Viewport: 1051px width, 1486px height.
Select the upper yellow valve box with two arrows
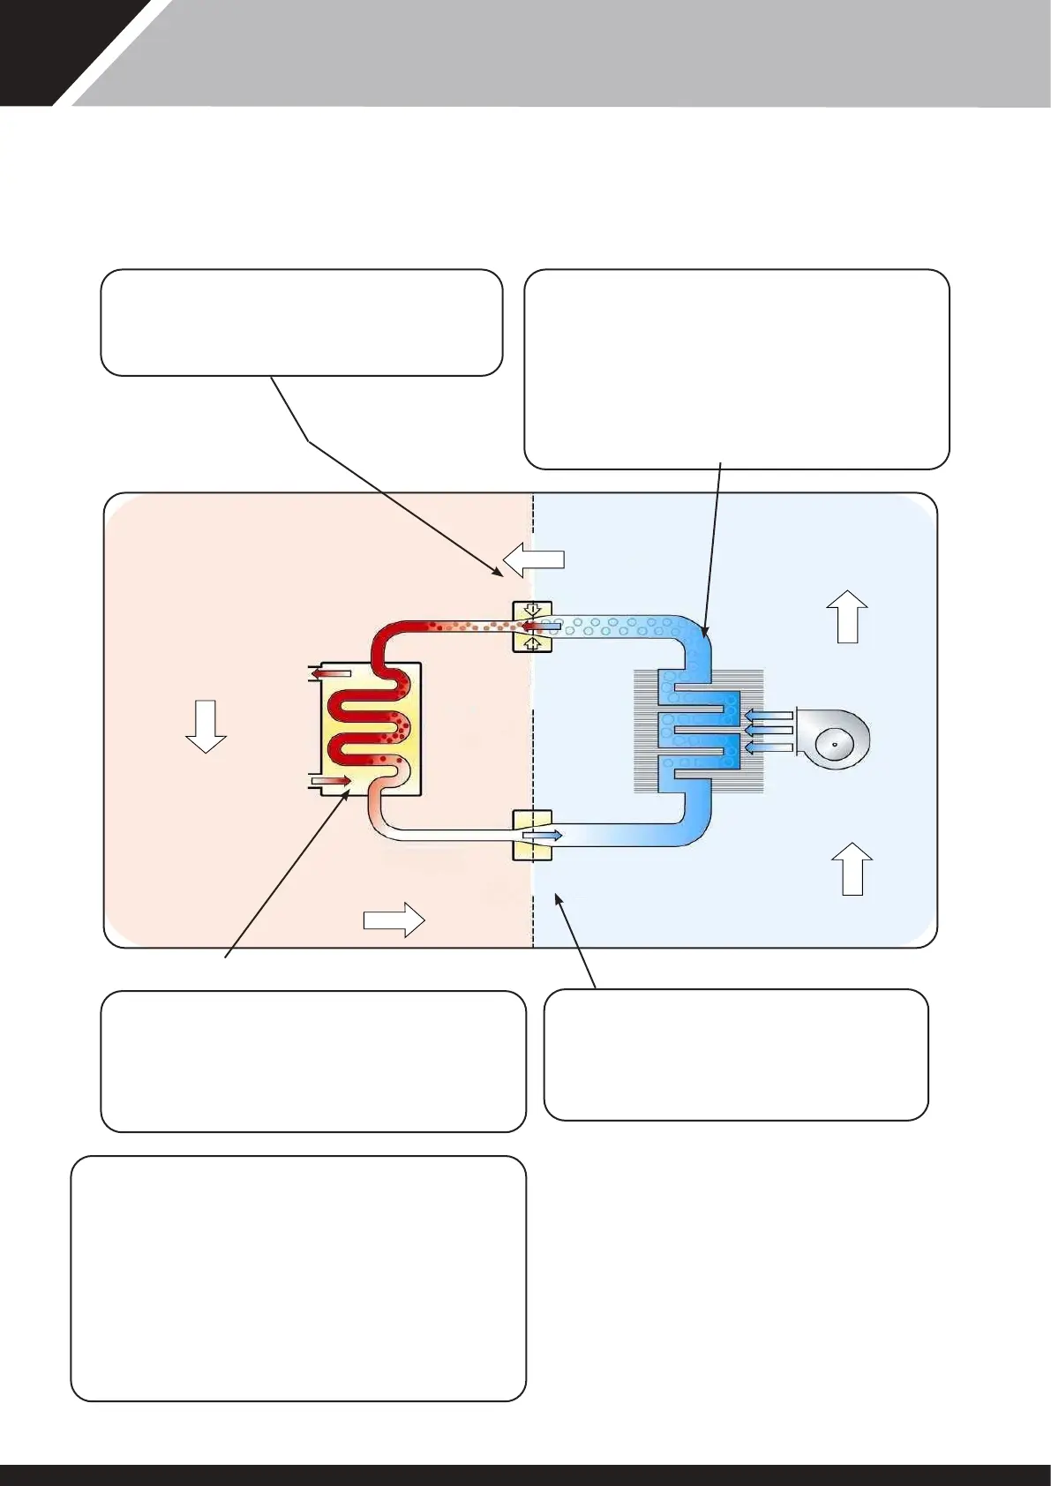point(532,627)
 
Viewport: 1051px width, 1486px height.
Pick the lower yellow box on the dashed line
point(532,835)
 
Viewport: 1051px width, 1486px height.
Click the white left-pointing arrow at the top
point(533,559)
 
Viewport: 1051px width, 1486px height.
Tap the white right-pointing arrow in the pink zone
point(394,919)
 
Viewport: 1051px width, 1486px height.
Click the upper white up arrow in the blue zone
point(847,616)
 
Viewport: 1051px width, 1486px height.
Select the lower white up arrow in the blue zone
point(852,868)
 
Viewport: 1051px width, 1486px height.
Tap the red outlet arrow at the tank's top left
point(331,674)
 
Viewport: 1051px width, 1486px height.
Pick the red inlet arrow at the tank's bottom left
point(331,781)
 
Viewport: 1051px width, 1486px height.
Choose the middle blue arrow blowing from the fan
point(768,729)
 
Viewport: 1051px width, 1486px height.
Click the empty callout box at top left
point(302,323)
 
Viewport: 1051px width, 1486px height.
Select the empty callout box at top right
point(737,369)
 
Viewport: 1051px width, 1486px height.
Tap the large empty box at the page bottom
point(298,1278)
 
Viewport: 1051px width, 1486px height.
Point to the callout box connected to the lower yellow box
point(736,1054)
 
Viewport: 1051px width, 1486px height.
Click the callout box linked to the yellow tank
point(313,1061)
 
